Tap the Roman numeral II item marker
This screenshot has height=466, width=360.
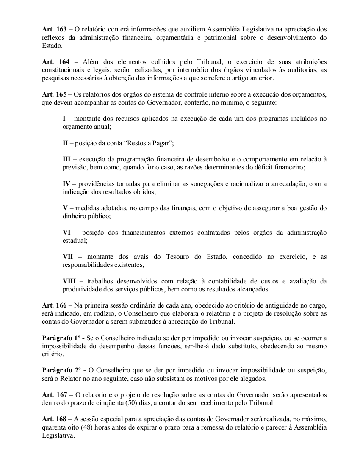pos(66,143)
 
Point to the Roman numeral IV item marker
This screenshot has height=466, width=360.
pos(67,184)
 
